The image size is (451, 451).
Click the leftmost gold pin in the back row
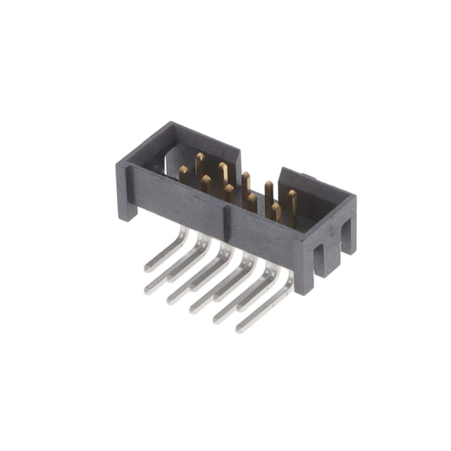coord(199,161)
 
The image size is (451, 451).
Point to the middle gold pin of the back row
coord(246,181)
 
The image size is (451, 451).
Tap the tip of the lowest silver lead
coord(240,328)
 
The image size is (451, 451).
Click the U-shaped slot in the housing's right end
coord(328,253)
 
